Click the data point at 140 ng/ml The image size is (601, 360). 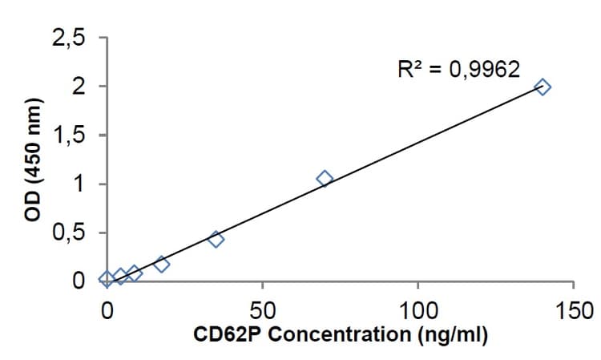click(x=543, y=87)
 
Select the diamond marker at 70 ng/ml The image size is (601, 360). click(x=325, y=178)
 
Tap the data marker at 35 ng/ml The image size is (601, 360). click(x=216, y=239)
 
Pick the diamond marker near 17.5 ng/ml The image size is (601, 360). click(x=162, y=264)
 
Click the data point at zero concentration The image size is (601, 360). click(x=107, y=279)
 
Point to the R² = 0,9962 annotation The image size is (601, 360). click(x=458, y=70)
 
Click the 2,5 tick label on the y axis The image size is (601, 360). click(x=69, y=37)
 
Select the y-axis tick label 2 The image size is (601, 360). click(x=79, y=87)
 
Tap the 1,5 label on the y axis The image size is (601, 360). click(x=69, y=136)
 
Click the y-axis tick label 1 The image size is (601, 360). click(x=79, y=184)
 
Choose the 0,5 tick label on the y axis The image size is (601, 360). click(x=69, y=233)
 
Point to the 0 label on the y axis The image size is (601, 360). click(x=79, y=281)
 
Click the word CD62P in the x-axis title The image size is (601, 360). click(x=229, y=334)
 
